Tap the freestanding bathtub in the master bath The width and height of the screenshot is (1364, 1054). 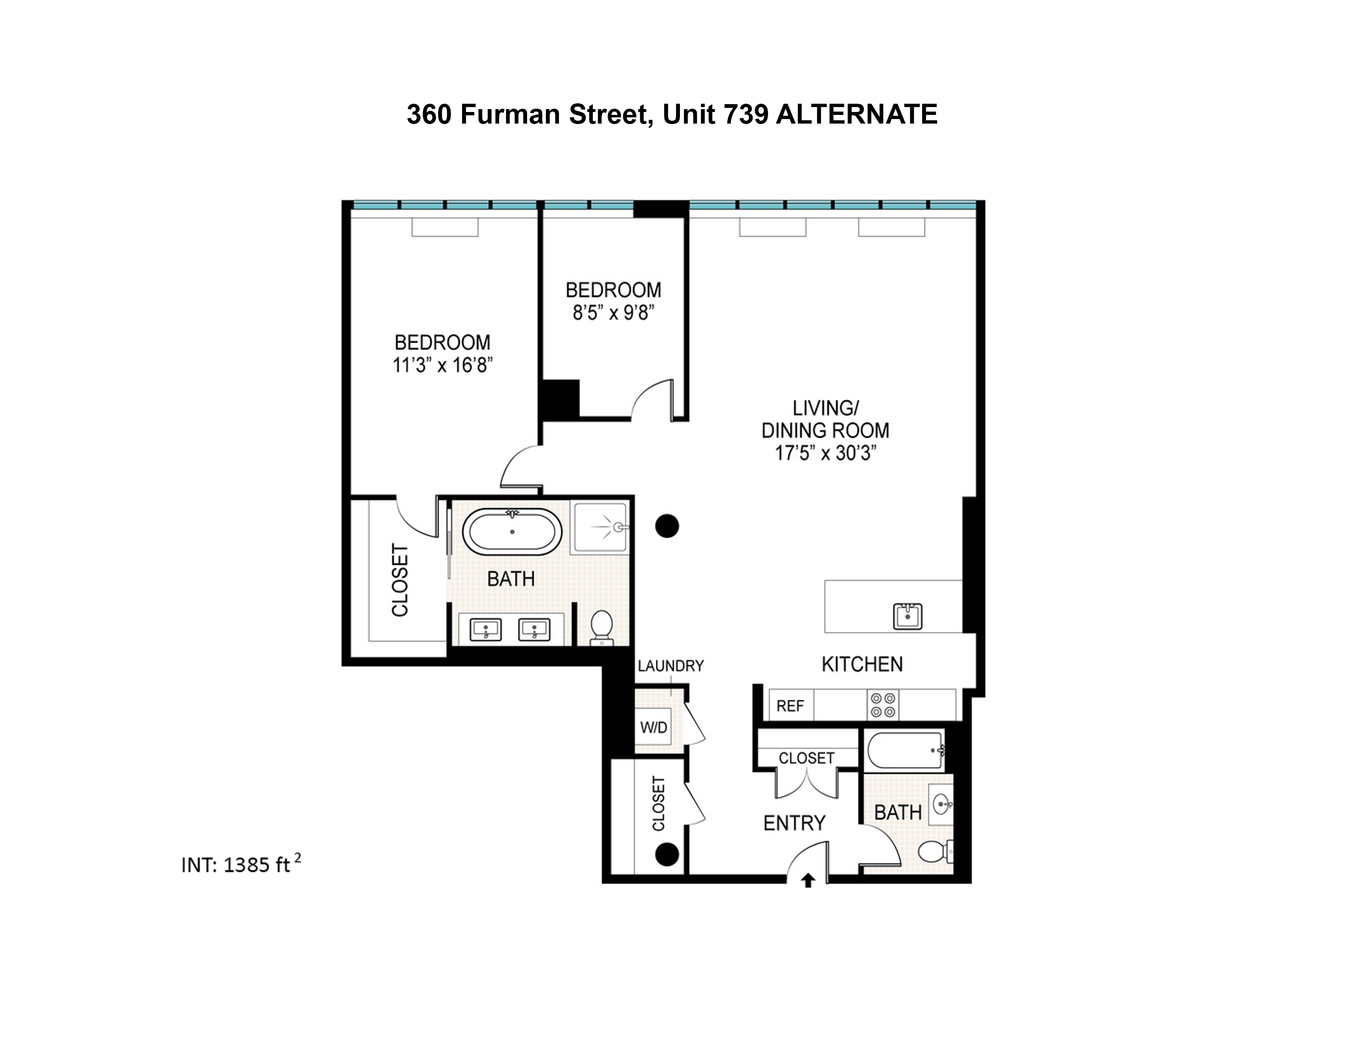(x=512, y=532)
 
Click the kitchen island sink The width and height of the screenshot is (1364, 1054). (x=907, y=616)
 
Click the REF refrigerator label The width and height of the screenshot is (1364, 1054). (x=790, y=706)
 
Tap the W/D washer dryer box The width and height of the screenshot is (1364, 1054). (x=653, y=727)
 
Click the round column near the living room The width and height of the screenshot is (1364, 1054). (x=666, y=526)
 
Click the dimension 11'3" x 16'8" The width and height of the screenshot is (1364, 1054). (x=442, y=365)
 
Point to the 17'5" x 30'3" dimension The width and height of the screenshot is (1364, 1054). (x=825, y=453)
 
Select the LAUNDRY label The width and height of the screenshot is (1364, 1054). (x=670, y=665)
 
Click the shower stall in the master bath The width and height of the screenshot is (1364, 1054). (x=600, y=528)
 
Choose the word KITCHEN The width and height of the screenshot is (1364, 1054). (x=862, y=664)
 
